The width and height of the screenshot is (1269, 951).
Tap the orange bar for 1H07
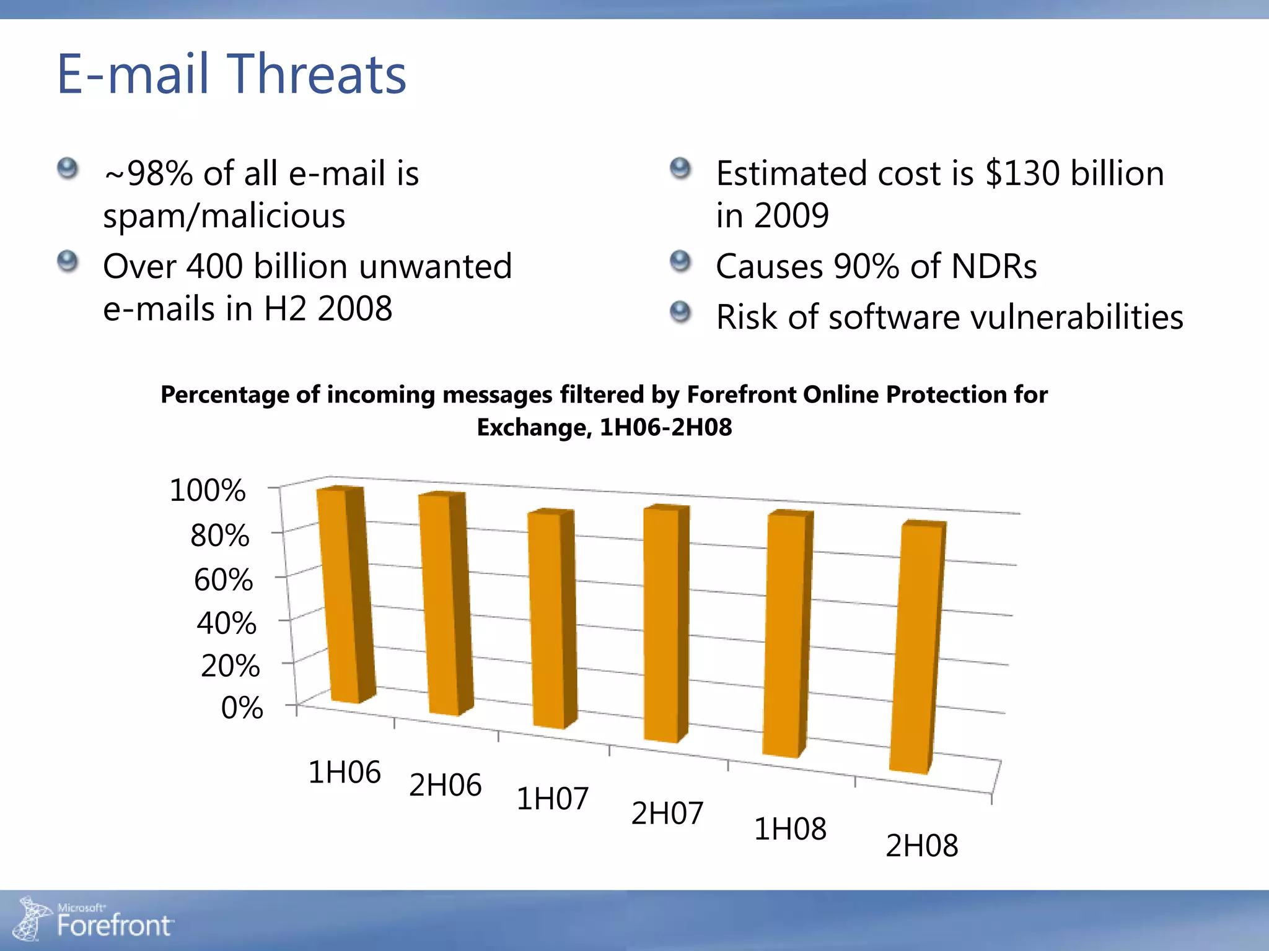[x=548, y=619]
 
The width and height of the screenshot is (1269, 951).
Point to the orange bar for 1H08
[x=783, y=635]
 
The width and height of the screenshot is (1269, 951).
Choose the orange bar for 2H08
[x=915, y=647]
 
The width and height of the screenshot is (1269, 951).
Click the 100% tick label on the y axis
[x=208, y=490]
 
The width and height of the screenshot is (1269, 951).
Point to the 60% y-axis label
[x=223, y=580]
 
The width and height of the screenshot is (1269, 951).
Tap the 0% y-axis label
[x=242, y=708]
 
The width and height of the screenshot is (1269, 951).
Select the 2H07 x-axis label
[x=667, y=814]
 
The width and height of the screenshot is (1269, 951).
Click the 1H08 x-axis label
[x=790, y=829]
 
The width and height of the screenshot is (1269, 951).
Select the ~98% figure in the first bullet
[x=149, y=173]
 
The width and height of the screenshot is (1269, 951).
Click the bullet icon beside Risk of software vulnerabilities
[x=680, y=311]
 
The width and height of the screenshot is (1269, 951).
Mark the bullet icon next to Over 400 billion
[x=68, y=261]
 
